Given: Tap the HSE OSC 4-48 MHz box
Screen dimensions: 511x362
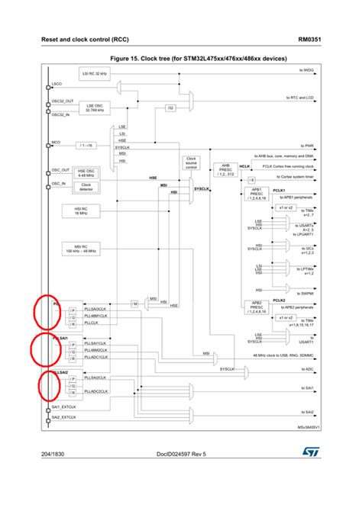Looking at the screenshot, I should (86, 172).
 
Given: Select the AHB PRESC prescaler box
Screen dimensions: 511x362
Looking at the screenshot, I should (226, 170).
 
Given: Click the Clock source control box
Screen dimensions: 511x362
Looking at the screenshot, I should (191, 163).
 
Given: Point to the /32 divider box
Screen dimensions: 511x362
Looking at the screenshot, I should (170, 108).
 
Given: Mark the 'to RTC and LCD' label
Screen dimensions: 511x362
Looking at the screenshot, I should (302, 98).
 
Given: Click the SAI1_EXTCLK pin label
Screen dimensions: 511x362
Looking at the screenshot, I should (65, 407).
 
